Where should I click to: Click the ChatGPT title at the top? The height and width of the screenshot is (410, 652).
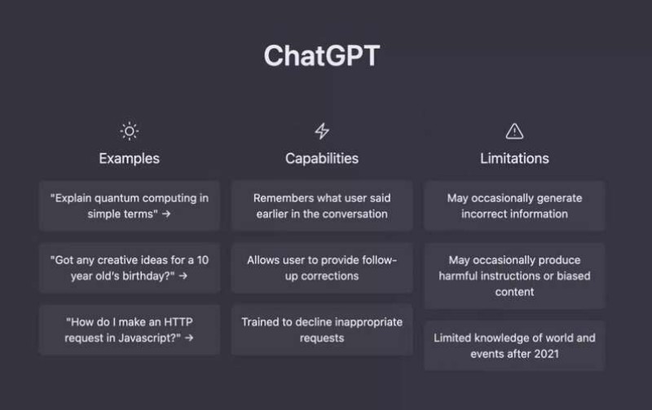[322, 56]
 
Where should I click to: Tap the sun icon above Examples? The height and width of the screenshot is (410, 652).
[129, 131]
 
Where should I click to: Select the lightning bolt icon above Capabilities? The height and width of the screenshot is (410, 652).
[322, 131]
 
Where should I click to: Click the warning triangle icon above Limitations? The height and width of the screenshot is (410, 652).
[514, 131]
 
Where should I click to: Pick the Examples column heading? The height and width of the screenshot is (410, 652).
[129, 158]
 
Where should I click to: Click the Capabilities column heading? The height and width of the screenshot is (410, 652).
[322, 158]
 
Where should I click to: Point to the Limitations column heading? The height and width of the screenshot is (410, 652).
[514, 158]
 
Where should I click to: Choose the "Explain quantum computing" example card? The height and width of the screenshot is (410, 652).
[129, 205]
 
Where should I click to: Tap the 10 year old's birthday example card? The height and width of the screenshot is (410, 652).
[129, 267]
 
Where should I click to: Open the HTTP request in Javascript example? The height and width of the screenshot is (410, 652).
[129, 329]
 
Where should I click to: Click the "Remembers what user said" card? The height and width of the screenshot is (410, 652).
[322, 205]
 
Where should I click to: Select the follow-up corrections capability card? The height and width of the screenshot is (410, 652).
[322, 267]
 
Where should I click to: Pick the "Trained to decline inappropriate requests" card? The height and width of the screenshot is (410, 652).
[322, 329]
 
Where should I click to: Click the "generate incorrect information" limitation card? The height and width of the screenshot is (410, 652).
[514, 205]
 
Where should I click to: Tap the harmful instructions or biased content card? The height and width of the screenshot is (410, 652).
[514, 276]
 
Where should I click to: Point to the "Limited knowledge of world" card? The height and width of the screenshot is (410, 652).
[514, 346]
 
